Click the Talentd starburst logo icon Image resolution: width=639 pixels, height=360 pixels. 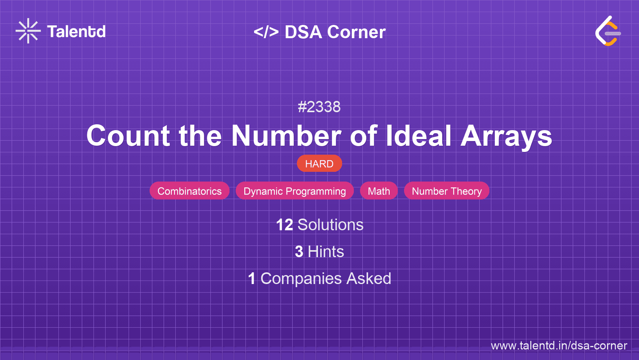tap(28, 31)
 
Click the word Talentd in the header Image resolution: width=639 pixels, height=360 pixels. tap(76, 32)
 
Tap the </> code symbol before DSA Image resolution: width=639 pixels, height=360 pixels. tap(266, 32)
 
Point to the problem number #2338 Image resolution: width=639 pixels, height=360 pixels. tap(319, 107)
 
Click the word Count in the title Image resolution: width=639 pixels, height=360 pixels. tap(128, 136)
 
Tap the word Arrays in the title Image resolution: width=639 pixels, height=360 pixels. tap(506, 136)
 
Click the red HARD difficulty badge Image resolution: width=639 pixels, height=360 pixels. tap(319, 164)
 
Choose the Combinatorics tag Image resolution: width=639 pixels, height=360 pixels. tap(189, 191)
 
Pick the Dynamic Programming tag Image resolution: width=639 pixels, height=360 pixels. tap(295, 191)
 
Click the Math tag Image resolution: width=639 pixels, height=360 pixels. tap(379, 191)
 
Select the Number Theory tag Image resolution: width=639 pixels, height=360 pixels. tap(447, 191)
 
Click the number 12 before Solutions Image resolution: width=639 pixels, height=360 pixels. tap(284, 225)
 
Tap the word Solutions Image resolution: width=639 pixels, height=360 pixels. tap(330, 225)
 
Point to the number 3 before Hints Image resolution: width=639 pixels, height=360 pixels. tap(299, 252)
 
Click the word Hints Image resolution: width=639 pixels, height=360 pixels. tap(326, 252)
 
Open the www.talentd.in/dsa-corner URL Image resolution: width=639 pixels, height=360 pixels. tap(559, 346)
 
